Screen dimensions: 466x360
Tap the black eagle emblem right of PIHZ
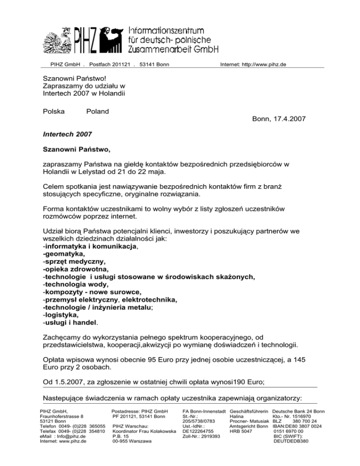pyautogui.click(x=114, y=37)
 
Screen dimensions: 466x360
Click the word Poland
pyautogui.click(x=97, y=111)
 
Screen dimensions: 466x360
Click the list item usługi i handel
pyautogui.click(x=71, y=323)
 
